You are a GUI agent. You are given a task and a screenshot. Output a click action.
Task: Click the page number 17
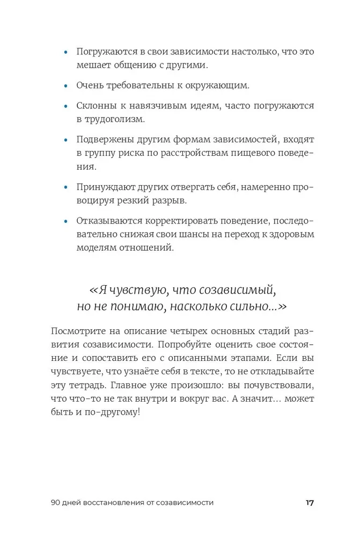pyautogui.click(x=310, y=503)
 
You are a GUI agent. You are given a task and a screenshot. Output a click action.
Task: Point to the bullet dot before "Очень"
pyautogui.click(x=66, y=85)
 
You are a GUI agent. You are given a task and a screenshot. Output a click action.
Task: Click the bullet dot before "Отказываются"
pyautogui.click(x=66, y=221)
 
